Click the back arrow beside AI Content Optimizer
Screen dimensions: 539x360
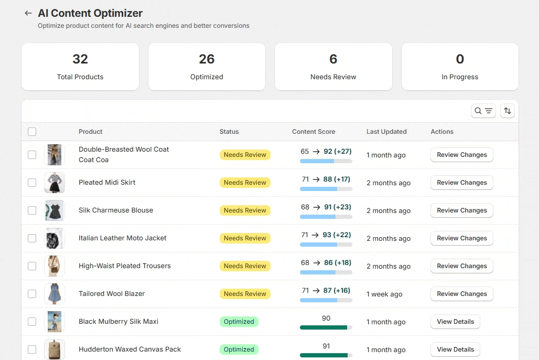(x=28, y=13)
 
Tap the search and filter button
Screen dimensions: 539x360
(x=483, y=111)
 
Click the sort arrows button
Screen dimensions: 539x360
(x=508, y=111)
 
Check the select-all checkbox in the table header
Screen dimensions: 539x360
(x=32, y=132)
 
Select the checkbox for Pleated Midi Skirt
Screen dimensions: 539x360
(x=32, y=183)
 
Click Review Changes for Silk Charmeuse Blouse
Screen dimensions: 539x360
(x=461, y=210)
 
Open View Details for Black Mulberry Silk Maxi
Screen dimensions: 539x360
(x=455, y=322)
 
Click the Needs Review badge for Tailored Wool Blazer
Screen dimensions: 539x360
(x=245, y=293)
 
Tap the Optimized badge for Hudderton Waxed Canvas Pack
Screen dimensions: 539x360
(x=239, y=350)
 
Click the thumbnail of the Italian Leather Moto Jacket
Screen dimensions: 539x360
(x=55, y=238)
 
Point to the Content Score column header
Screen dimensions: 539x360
(x=314, y=132)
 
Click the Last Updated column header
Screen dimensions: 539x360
(x=386, y=132)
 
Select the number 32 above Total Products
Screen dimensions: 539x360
(x=80, y=59)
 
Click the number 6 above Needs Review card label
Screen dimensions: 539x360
(x=333, y=59)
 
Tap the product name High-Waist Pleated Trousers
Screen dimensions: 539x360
(x=124, y=266)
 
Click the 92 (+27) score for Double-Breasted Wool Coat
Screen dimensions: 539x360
(x=337, y=152)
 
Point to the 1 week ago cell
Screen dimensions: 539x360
(x=384, y=294)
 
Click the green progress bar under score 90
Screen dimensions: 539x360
(x=324, y=327)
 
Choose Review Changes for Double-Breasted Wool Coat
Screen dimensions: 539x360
(x=461, y=155)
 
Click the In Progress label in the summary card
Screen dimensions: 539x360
(x=460, y=77)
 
